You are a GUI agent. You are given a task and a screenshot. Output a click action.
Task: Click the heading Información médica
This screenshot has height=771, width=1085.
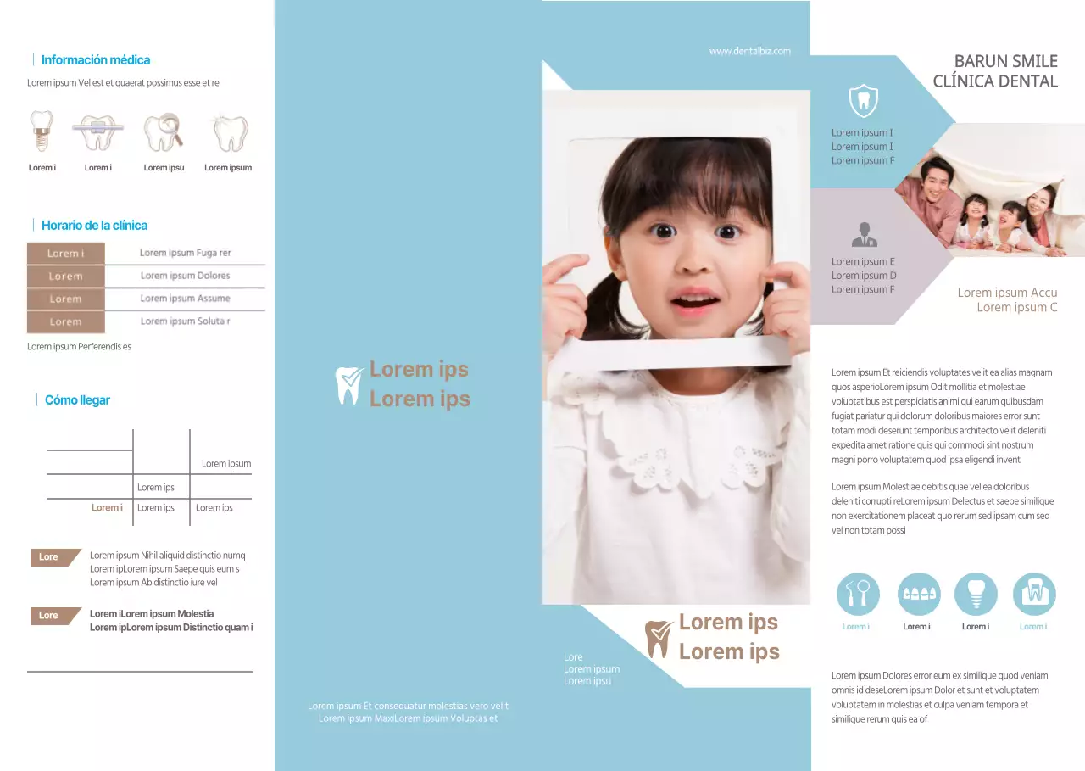[95, 60]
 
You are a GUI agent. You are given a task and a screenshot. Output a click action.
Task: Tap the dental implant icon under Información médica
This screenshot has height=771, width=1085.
[41, 131]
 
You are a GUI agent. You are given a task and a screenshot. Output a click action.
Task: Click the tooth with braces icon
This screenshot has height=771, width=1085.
[98, 131]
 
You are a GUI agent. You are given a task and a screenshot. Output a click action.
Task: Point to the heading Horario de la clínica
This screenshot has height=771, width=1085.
[94, 226]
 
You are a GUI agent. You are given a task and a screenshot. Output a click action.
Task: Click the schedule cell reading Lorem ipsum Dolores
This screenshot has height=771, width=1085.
[185, 276]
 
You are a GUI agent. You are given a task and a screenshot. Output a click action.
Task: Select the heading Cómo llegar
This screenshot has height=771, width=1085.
[77, 400]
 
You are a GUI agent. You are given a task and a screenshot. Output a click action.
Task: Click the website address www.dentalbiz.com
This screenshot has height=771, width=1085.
[749, 51]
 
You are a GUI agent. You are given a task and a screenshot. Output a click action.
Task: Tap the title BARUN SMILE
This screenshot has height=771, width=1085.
[1005, 61]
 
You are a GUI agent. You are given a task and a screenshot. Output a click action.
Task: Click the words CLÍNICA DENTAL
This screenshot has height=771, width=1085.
[995, 81]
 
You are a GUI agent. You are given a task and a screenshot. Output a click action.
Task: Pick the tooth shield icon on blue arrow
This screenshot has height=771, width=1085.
[863, 101]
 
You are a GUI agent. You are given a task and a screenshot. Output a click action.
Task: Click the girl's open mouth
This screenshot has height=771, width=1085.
[695, 299]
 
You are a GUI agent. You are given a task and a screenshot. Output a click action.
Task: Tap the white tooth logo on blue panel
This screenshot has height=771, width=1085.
[349, 384]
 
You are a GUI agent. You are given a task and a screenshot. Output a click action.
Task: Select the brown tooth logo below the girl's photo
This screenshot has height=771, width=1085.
[659, 638]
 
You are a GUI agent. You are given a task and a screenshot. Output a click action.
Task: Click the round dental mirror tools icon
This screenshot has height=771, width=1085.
[858, 594]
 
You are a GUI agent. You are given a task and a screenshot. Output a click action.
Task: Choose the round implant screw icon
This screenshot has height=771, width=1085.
[976, 594]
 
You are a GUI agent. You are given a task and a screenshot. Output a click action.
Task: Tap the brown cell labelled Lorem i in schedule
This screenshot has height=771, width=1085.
[65, 254]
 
